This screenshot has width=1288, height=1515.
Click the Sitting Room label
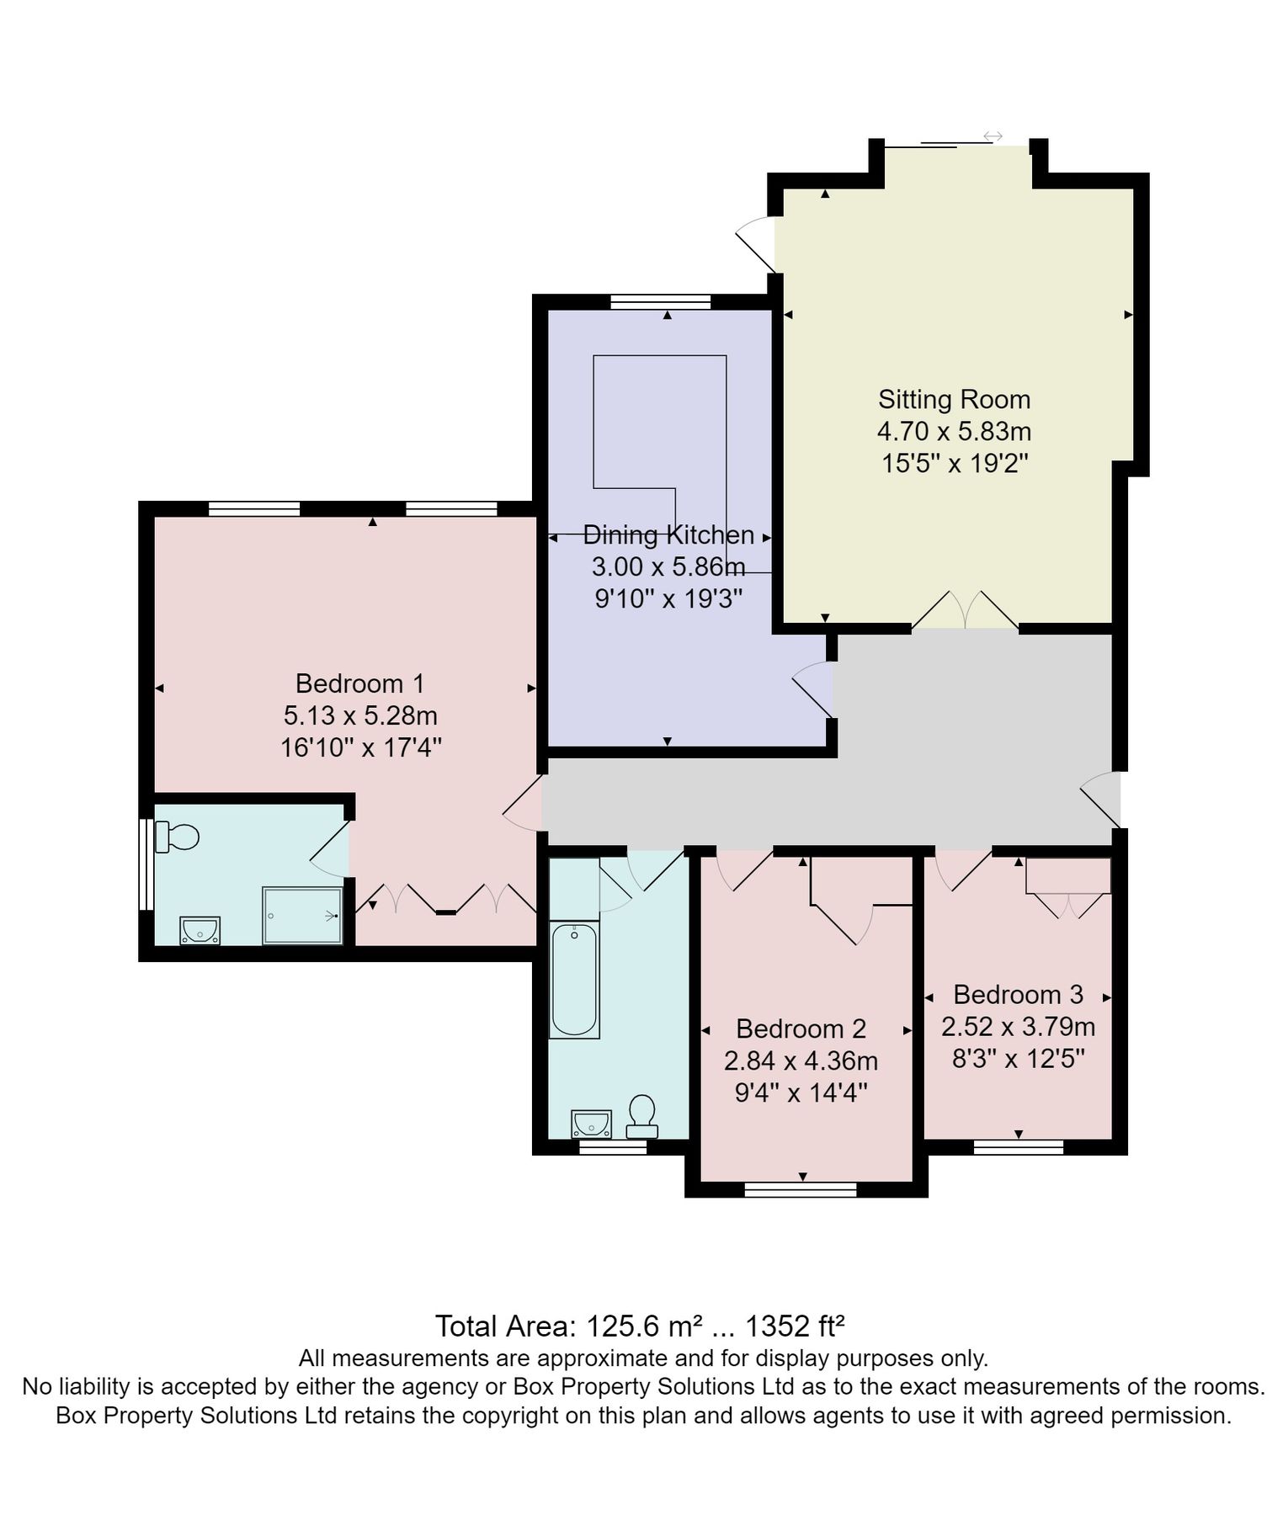click(x=954, y=400)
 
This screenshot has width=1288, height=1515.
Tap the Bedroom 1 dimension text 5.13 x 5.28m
click(x=360, y=716)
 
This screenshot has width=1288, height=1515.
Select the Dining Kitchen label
click(x=668, y=535)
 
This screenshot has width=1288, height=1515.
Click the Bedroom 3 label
click(x=1018, y=995)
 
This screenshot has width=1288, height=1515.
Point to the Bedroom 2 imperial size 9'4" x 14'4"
click(x=801, y=1093)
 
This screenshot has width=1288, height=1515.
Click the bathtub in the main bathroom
click(x=574, y=980)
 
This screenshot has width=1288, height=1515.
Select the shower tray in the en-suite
click(x=302, y=915)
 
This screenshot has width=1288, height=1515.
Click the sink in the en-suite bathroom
click(x=200, y=931)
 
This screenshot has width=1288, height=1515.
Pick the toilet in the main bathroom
click(x=642, y=1115)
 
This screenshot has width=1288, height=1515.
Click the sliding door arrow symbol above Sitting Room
click(x=993, y=136)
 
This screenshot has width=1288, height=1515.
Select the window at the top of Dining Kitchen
click(x=661, y=301)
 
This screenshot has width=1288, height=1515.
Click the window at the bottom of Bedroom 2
click(x=801, y=1188)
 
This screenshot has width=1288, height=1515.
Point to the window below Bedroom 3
click(x=1018, y=1146)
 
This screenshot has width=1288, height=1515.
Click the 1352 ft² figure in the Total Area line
click(x=795, y=1327)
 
